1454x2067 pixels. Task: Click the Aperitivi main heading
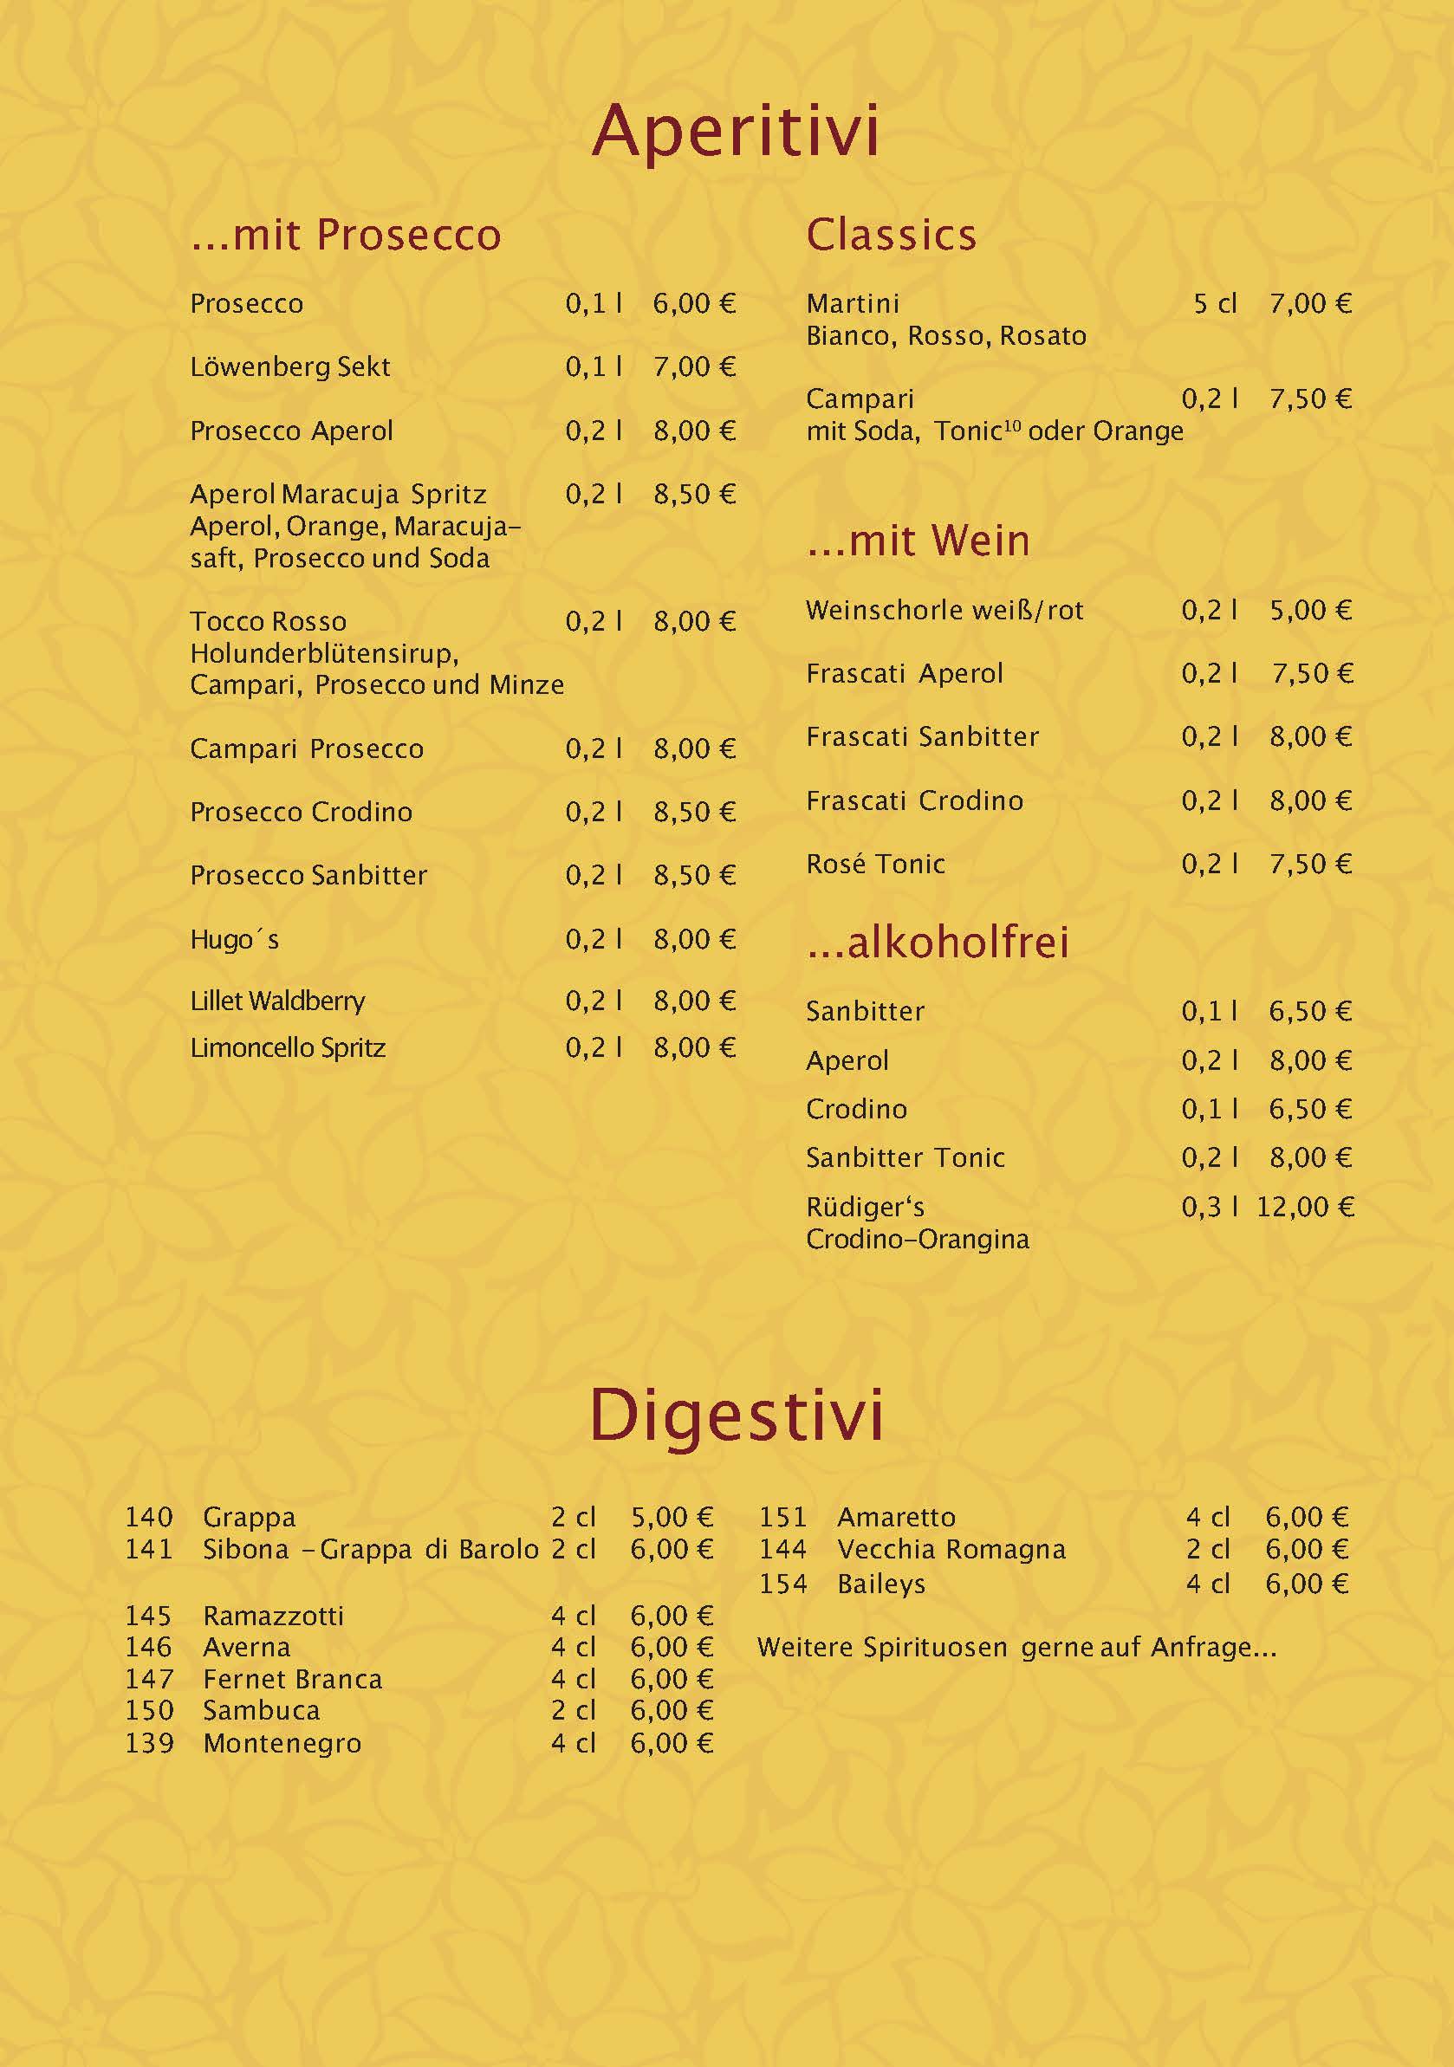(735, 133)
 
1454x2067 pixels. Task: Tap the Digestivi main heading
(736, 1416)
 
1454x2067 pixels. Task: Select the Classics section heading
(891, 235)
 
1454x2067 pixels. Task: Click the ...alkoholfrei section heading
(938, 942)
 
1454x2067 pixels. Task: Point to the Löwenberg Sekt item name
(290, 367)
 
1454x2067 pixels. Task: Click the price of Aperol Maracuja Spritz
(694, 495)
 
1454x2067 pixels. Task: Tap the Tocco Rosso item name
(268, 621)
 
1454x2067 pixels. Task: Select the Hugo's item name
(234, 940)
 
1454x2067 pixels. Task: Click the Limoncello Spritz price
(694, 1048)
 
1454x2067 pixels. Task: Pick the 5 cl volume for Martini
(1215, 304)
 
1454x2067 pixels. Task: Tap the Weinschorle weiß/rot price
(1310, 611)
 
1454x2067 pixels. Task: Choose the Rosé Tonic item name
(875, 865)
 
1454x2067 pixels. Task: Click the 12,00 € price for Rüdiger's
(1305, 1208)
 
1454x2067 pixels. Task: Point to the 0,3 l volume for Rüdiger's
(1209, 1208)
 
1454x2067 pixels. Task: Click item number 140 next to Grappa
(148, 1518)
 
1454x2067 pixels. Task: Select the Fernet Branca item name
(293, 1679)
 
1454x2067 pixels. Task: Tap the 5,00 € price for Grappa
(672, 1518)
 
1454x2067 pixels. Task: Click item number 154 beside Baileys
(782, 1584)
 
